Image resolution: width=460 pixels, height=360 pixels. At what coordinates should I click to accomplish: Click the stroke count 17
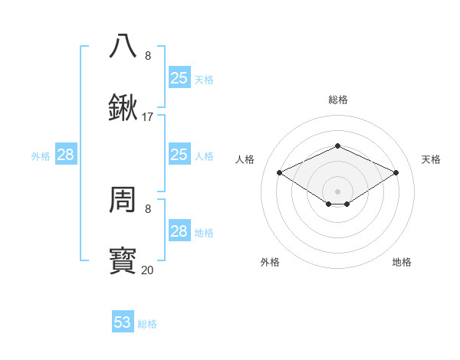click(x=148, y=117)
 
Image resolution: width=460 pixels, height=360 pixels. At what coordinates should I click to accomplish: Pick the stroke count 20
click(x=148, y=270)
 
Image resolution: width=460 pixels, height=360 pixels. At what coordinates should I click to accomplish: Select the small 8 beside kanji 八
click(x=148, y=56)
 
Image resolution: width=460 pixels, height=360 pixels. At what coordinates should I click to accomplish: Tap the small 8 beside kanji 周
click(x=148, y=208)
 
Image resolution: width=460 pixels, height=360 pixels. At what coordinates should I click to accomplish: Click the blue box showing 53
click(x=123, y=322)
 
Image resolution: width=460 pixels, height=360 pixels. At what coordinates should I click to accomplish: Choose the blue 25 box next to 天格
click(x=179, y=78)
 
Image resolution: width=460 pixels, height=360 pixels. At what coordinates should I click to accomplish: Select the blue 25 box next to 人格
click(x=179, y=155)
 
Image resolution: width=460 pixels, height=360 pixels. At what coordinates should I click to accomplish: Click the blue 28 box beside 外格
click(x=66, y=155)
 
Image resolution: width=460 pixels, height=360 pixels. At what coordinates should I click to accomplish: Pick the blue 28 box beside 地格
click(x=179, y=231)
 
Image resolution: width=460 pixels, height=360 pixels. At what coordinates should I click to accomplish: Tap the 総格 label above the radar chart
click(x=337, y=100)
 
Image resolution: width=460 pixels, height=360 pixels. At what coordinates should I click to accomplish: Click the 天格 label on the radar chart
click(x=431, y=159)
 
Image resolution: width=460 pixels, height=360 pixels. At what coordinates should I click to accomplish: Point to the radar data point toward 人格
click(x=280, y=173)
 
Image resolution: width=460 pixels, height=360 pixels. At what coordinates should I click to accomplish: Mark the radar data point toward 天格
click(x=396, y=173)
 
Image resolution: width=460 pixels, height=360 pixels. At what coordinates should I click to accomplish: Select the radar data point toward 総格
click(x=337, y=146)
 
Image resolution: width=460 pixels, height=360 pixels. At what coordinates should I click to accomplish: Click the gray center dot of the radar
click(x=337, y=191)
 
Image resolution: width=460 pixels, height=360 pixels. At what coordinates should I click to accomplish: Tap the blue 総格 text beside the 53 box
click(x=147, y=324)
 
